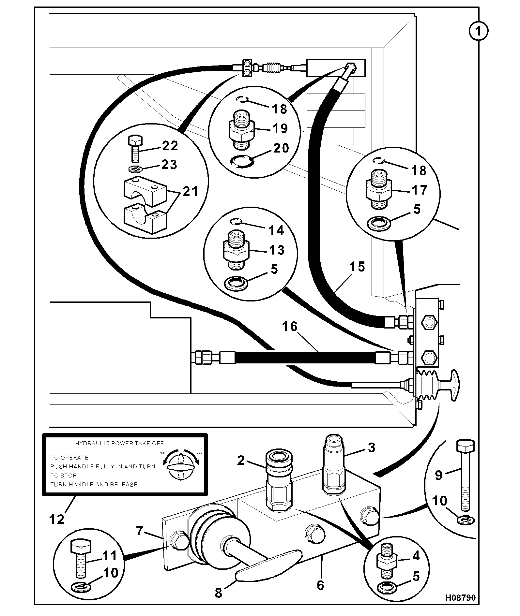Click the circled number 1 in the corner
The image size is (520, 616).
[478, 32]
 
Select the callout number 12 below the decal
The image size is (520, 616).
[57, 519]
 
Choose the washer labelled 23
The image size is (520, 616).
[134, 169]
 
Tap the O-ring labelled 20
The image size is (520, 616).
[242, 161]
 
